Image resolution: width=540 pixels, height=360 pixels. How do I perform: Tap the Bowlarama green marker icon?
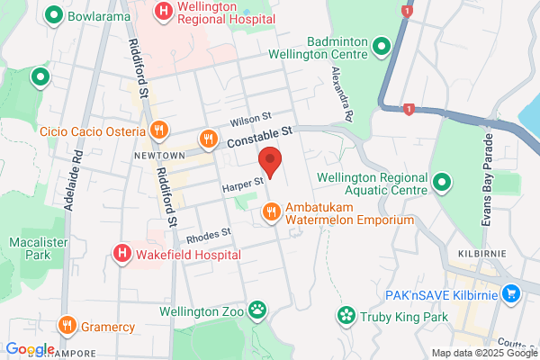pos(55,15)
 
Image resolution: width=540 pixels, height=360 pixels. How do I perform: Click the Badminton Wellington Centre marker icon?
pos(381,45)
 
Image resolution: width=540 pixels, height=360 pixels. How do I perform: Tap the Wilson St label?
pos(249,118)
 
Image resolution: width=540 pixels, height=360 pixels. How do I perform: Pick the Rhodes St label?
pos(209,236)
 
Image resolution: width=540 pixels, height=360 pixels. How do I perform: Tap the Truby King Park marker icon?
pos(345,316)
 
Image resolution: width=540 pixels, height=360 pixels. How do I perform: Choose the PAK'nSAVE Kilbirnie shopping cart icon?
pos(512,292)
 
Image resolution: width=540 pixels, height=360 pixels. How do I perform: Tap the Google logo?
pos(30,349)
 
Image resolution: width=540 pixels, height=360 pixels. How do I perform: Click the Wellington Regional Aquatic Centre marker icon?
pos(442,184)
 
